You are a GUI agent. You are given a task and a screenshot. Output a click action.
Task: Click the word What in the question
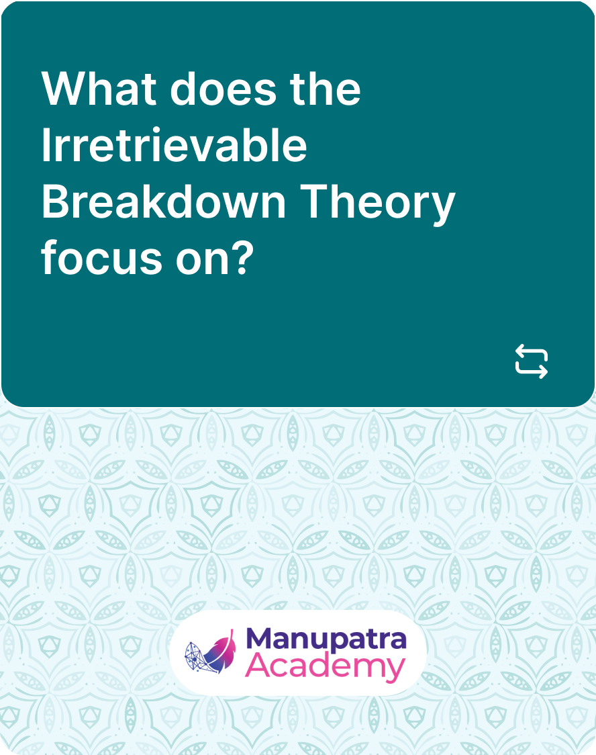click(x=99, y=89)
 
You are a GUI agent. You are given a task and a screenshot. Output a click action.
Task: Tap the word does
click(x=223, y=89)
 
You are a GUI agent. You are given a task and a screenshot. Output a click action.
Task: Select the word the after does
click(x=325, y=89)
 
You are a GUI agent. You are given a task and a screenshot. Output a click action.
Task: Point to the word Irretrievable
click(x=174, y=145)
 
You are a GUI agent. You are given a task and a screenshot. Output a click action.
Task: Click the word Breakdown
click(x=164, y=202)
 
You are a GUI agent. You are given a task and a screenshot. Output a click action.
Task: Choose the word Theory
click(x=378, y=204)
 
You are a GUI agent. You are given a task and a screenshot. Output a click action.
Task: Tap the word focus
click(x=101, y=258)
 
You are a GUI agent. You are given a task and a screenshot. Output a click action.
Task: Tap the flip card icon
click(x=532, y=361)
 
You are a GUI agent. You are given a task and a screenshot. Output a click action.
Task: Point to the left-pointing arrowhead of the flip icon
click(x=520, y=350)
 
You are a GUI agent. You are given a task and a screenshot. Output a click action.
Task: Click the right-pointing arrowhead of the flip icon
click(x=542, y=372)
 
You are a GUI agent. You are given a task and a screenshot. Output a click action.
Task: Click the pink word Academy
click(x=325, y=667)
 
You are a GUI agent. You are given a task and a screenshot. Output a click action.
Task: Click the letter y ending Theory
click(x=442, y=209)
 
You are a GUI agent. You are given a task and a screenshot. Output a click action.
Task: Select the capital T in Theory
click(x=315, y=202)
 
